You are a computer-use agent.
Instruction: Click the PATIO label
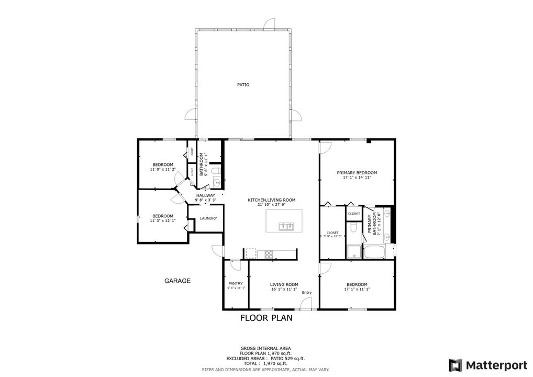(x=243, y=84)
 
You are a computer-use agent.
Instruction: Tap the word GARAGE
(x=177, y=281)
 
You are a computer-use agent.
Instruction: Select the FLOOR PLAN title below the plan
(x=266, y=317)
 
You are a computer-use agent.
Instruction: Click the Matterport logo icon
(x=456, y=364)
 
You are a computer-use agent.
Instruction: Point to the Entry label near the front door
(x=307, y=293)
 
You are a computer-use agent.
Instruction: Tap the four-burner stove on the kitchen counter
(x=269, y=254)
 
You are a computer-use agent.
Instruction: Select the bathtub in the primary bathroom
(x=374, y=252)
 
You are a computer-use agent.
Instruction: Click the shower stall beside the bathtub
(x=354, y=252)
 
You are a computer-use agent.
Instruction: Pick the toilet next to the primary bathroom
(x=354, y=227)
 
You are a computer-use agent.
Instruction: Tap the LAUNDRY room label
(x=208, y=218)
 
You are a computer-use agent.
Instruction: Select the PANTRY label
(x=236, y=283)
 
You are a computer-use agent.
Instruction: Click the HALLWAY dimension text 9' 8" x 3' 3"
(x=206, y=200)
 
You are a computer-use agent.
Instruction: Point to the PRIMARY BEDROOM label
(x=357, y=173)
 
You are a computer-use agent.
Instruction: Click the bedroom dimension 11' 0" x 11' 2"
(x=163, y=169)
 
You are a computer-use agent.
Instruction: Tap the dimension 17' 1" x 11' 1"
(x=357, y=289)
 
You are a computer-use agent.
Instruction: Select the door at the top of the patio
(x=269, y=24)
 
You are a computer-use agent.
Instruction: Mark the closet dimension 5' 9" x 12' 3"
(x=332, y=237)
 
